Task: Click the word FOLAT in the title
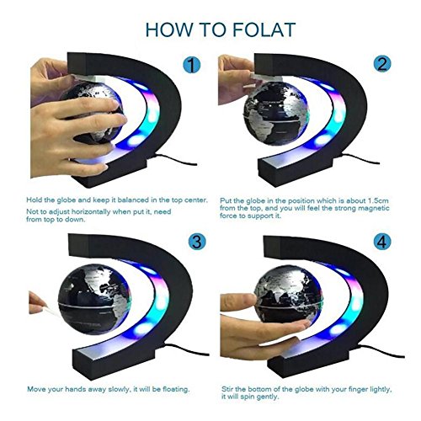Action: tap(264, 29)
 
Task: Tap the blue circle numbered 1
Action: tap(192, 65)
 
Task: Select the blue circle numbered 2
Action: tap(382, 64)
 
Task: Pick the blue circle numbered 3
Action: tap(197, 242)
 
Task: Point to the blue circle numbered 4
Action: tap(382, 242)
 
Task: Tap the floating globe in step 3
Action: tap(95, 299)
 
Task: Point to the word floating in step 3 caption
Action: tap(175, 390)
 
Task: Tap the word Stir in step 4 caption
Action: tap(227, 389)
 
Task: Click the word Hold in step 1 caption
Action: tap(34, 200)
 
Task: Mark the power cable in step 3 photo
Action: tap(187, 349)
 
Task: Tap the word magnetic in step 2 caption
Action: tap(375, 208)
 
